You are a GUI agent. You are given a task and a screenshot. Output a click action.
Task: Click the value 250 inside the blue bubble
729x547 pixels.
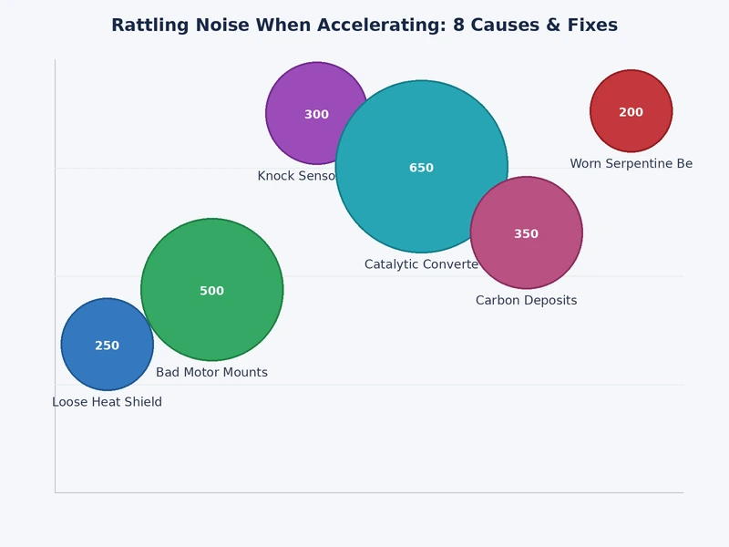point(107,346)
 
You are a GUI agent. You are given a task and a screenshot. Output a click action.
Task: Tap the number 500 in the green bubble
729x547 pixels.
point(211,292)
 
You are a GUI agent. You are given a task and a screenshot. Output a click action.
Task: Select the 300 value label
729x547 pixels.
point(316,115)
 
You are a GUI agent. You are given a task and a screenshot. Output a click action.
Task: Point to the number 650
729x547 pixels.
point(421,169)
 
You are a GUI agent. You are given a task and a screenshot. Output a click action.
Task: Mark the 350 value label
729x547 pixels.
point(526,234)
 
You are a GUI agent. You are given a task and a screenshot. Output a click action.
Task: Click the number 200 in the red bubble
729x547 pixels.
point(631,113)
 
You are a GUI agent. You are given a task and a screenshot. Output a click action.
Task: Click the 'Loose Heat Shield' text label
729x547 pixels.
point(107,402)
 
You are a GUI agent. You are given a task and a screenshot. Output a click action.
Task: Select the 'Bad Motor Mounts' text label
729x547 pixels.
point(211,373)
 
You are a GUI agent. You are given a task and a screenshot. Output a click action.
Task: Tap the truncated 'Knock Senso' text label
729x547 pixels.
point(297,176)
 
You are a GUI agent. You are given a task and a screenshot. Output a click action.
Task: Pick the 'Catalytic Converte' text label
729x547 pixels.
point(421,264)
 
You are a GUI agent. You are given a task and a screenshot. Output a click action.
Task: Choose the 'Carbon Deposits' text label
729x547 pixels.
point(526,301)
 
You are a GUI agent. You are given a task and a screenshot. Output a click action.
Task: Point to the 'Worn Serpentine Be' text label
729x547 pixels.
point(631,164)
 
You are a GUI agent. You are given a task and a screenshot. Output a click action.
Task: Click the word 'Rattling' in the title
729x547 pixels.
point(146,26)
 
